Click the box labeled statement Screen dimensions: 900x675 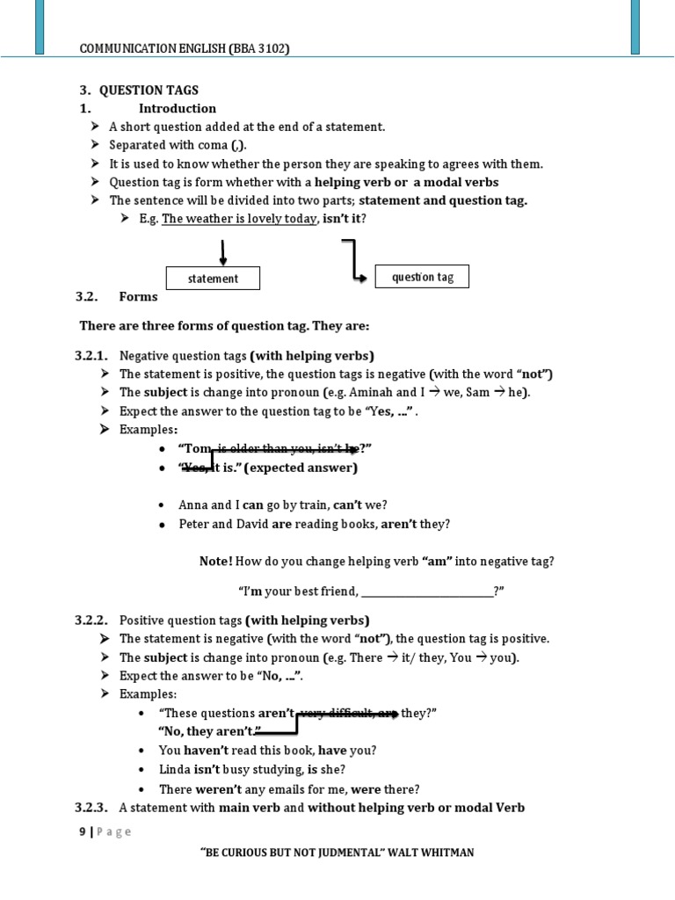213,279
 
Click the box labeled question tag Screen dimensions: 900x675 422,277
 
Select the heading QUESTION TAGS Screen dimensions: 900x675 149,90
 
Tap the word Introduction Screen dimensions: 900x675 177,108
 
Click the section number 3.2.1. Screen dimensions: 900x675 91,356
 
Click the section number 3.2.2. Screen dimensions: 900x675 91,620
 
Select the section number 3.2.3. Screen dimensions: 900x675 91,807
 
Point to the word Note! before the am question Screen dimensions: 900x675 215,561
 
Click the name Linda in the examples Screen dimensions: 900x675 174,770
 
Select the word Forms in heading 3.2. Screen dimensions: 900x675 139,296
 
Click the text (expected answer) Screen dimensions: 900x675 301,468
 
